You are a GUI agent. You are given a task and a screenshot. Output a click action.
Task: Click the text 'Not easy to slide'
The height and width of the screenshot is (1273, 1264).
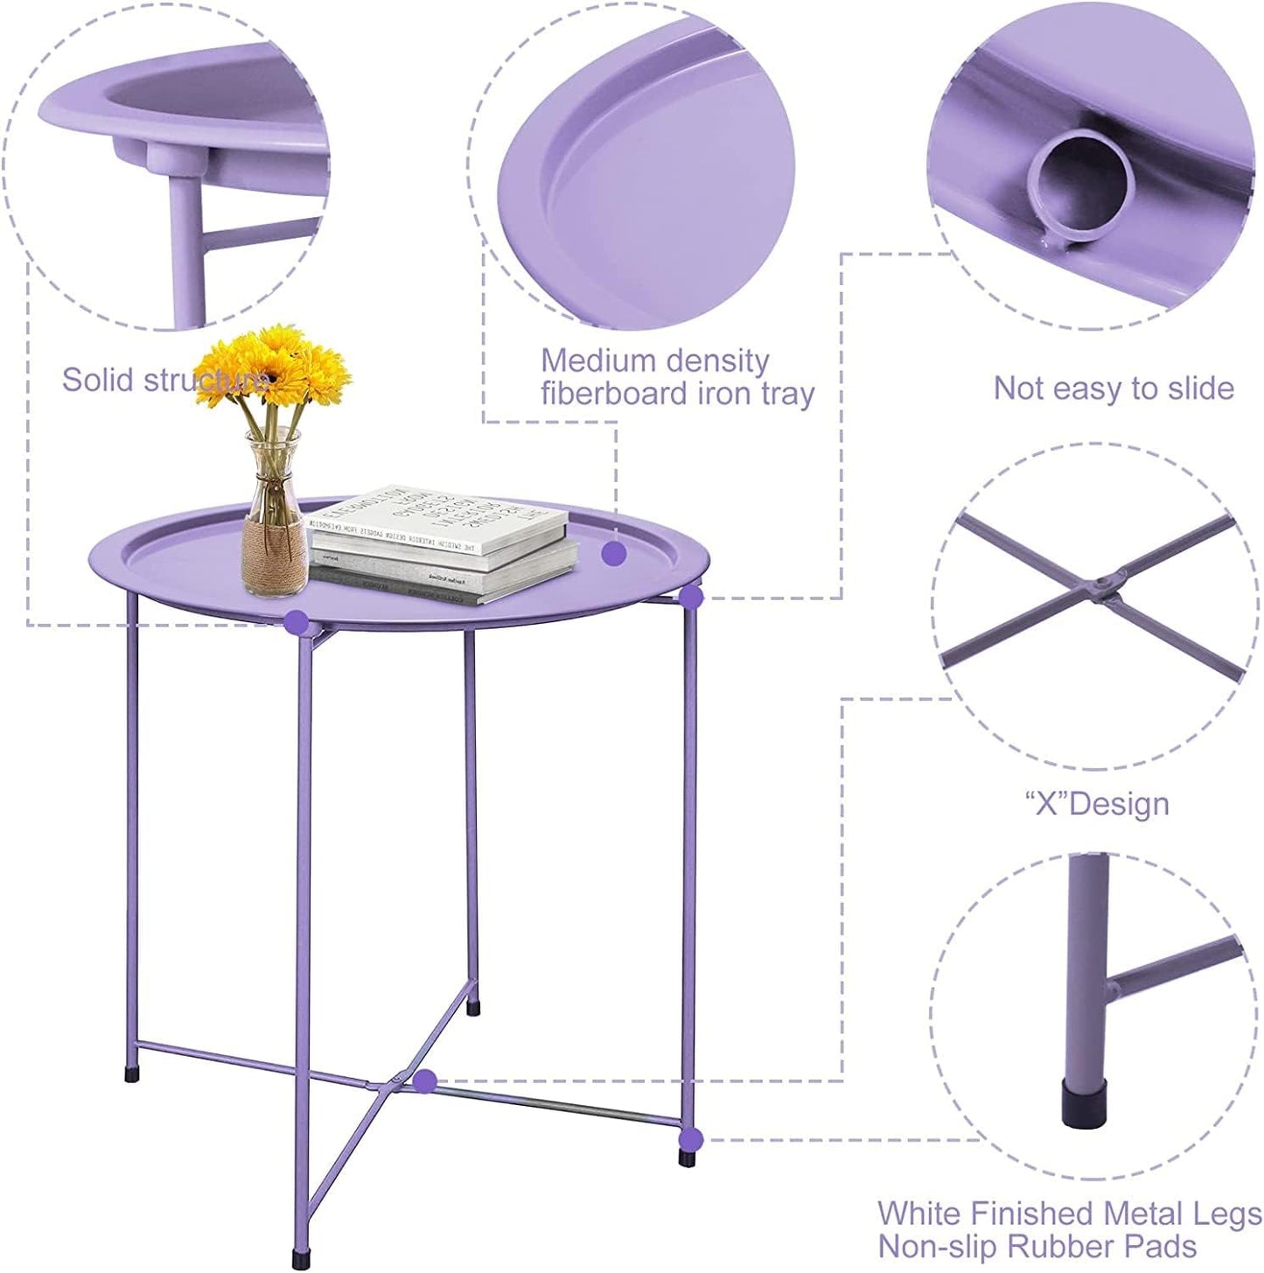[x=1114, y=388]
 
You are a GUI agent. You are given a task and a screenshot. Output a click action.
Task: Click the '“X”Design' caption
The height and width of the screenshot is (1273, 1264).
[x=1097, y=803]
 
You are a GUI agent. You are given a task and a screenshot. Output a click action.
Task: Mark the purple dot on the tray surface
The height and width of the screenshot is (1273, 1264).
[x=613, y=553]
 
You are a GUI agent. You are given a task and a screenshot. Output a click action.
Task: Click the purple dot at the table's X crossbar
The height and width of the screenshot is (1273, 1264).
[x=425, y=1081]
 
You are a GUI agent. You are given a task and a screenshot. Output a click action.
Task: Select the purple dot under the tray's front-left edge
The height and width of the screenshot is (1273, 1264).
[x=297, y=622]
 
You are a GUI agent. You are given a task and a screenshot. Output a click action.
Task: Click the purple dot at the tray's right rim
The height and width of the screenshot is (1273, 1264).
[x=691, y=598]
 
